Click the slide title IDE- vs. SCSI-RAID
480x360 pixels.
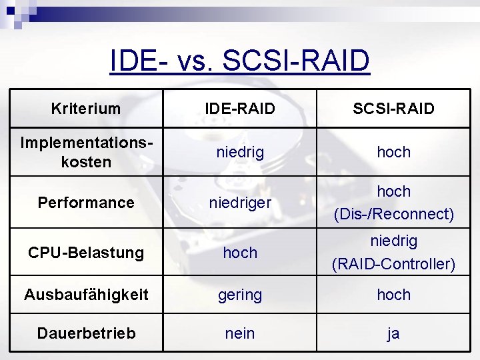[240, 61]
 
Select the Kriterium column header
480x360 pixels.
[86, 109]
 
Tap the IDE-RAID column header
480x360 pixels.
[240, 109]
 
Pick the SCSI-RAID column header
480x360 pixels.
[393, 109]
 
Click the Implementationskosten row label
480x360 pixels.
[86, 152]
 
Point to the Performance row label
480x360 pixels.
[86, 203]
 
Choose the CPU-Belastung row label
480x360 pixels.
[86, 253]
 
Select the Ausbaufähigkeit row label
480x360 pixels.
[86, 295]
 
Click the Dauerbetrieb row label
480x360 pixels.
[86, 333]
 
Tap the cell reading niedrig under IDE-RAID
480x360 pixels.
[240, 152]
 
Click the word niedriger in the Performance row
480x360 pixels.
[240, 203]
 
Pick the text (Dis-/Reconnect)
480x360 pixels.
[393, 214]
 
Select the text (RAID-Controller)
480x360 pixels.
[393, 264]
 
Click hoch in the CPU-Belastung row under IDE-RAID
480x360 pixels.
[240, 253]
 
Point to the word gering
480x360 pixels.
[240, 295]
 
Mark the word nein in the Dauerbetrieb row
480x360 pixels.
[240, 333]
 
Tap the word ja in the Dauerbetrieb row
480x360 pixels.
[393, 333]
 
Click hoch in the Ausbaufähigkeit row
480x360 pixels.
[393, 295]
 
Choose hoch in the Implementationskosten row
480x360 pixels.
[393, 152]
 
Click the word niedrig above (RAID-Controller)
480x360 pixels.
[393, 241]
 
